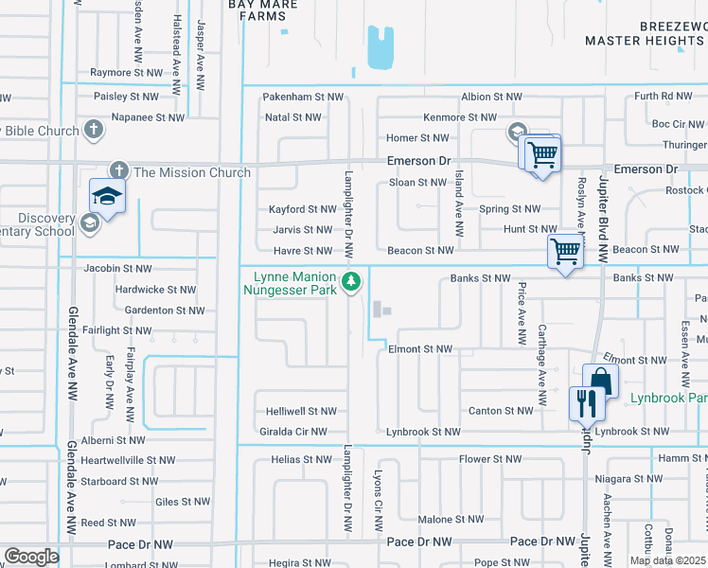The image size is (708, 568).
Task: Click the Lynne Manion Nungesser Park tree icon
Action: coord(351,281)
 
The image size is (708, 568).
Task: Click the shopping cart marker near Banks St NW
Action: coord(565,252)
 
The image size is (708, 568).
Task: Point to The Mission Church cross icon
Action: coord(118,171)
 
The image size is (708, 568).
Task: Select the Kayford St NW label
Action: coord(303,209)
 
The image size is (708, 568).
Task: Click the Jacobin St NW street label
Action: coord(117,269)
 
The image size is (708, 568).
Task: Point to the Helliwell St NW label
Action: coord(302,411)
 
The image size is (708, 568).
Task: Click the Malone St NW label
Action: coord(450,520)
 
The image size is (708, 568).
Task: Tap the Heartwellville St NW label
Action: coord(128,460)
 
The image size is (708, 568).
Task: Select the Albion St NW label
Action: coord(490,97)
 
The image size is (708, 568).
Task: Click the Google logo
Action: coord(31,557)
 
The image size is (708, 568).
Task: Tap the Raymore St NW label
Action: coord(127,72)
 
